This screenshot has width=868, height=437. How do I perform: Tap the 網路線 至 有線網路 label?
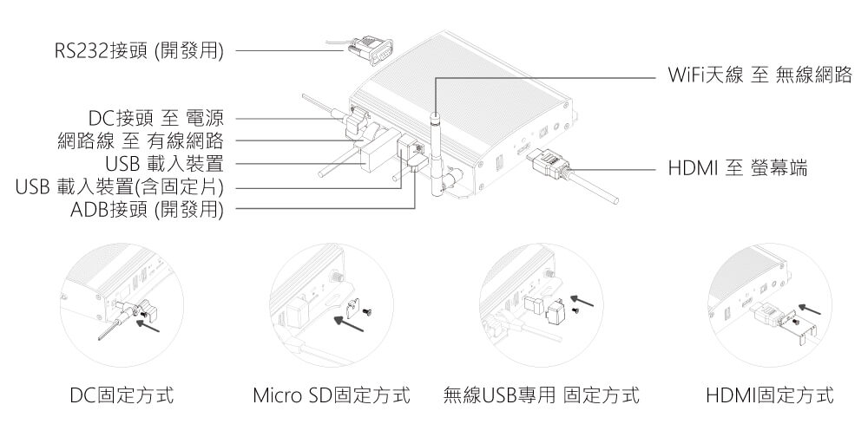coord(141,140)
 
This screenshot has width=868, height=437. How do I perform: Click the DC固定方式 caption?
coord(121,396)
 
